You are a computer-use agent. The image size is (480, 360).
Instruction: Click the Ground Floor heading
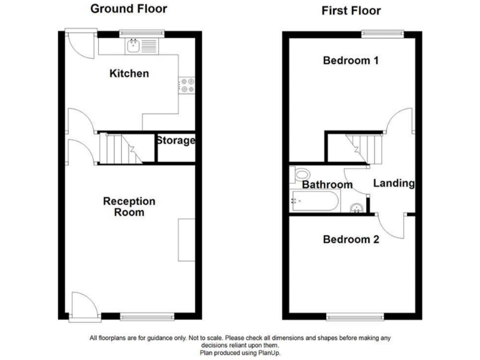(x=129, y=9)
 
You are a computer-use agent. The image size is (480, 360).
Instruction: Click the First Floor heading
(x=351, y=10)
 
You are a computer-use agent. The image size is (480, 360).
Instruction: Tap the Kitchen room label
(x=129, y=74)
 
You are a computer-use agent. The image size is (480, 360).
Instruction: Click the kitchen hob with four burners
(x=186, y=85)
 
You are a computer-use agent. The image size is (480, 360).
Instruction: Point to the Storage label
(x=176, y=141)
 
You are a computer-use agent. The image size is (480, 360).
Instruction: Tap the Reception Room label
(x=129, y=207)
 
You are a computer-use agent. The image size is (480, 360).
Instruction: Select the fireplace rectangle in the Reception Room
(x=186, y=240)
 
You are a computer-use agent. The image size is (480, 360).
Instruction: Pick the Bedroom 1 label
(x=351, y=61)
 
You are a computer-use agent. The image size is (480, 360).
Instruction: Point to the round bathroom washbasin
(x=356, y=208)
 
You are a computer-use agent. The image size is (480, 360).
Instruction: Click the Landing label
(x=394, y=183)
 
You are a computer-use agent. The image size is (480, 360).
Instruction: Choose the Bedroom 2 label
(x=351, y=239)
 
